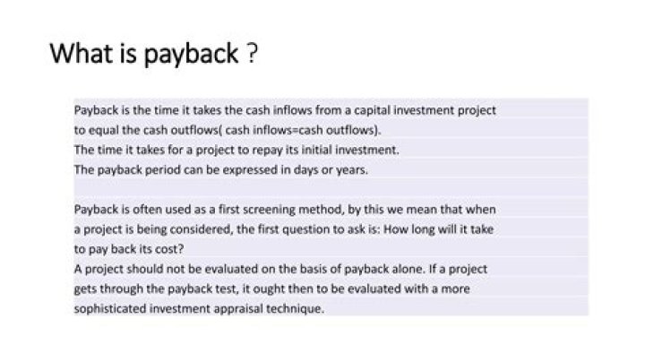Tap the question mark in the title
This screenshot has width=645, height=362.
click(254, 55)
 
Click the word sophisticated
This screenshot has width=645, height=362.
click(106, 309)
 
